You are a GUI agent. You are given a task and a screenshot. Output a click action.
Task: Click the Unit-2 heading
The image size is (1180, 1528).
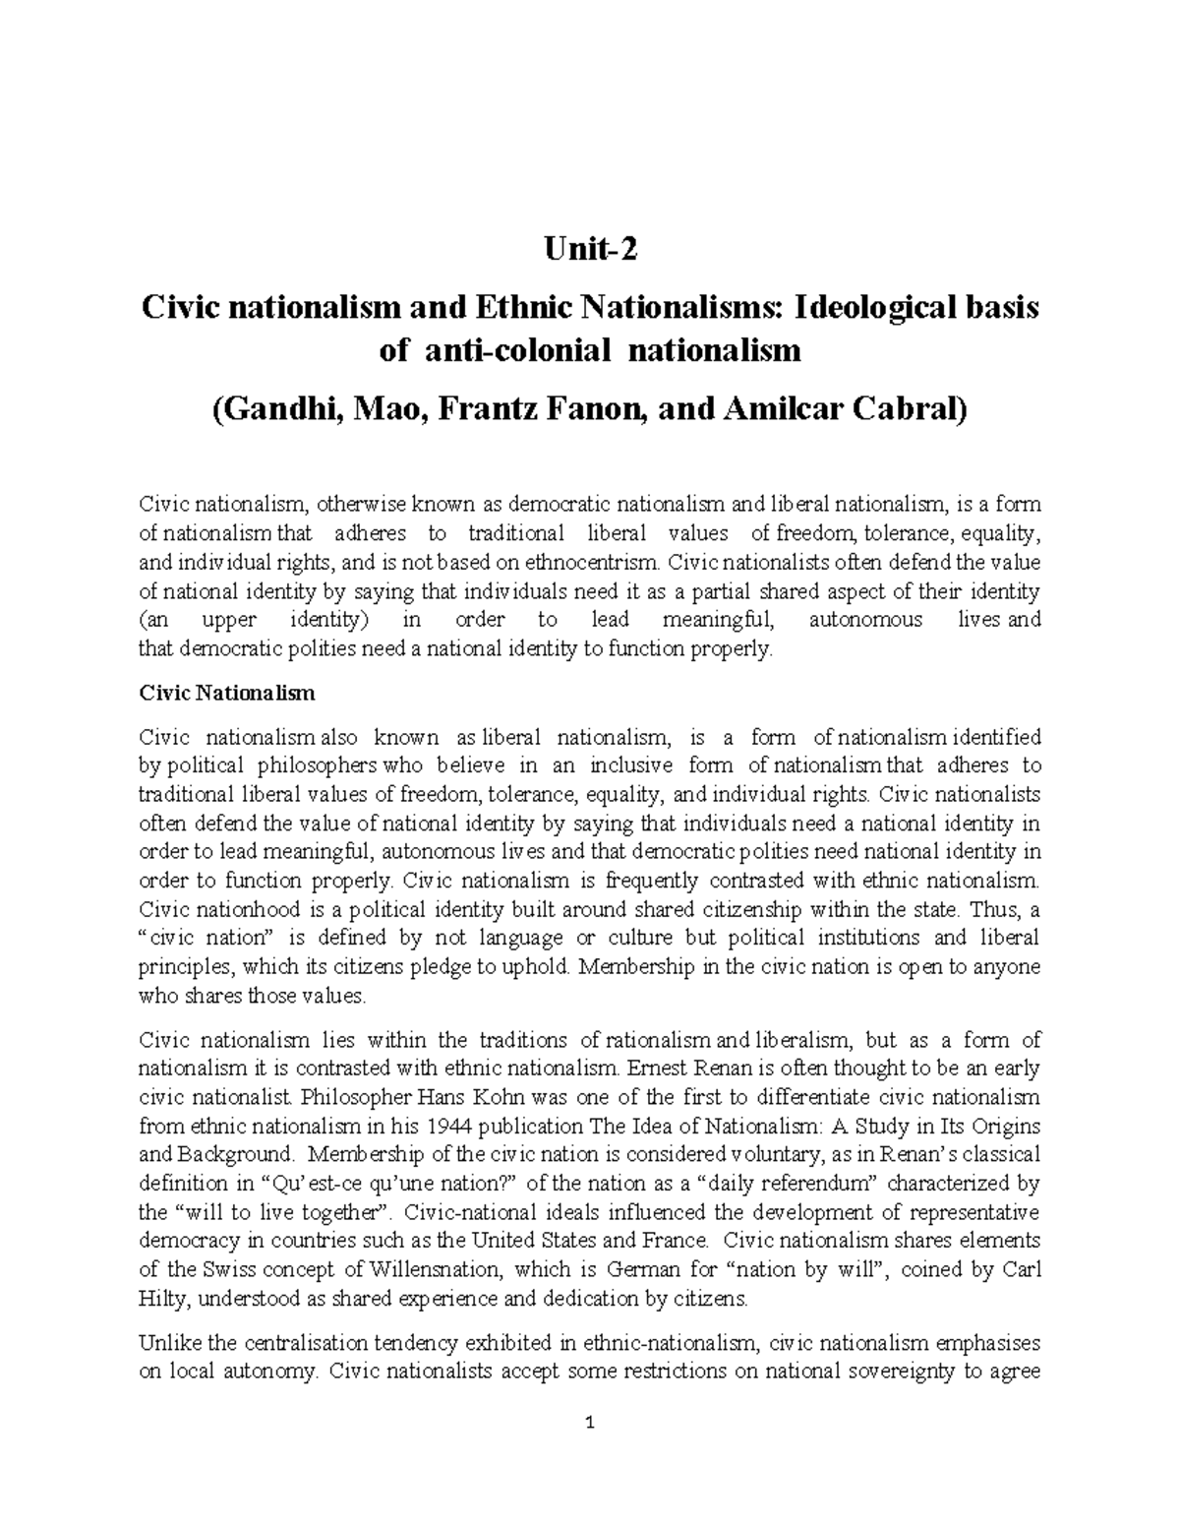(590, 252)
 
